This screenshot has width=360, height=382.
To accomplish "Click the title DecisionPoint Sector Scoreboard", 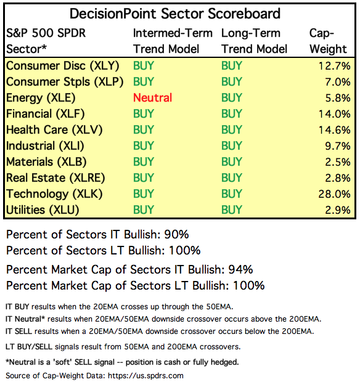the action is pos(175,14).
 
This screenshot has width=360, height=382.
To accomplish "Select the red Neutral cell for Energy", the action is pos(153,98).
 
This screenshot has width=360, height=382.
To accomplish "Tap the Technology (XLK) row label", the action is pos(54,194).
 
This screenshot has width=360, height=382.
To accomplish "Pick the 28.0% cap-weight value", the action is pos(334,194).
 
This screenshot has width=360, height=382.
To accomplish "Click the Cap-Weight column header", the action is pos(328,41).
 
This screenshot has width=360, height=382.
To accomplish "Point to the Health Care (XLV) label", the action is pos(54,130).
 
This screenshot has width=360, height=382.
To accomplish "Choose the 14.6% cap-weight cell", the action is pos(334,130).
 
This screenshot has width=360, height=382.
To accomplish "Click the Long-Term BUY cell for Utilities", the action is pos(232,209).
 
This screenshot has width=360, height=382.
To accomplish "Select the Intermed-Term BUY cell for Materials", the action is pos(144,162).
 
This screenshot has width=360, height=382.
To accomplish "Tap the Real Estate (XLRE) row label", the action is pos(55,178).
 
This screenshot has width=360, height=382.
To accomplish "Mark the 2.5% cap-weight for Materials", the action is pos(338,162).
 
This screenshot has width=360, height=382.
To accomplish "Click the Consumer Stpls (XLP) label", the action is pos(65,82).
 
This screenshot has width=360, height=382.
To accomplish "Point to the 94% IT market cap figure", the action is pos(240,269).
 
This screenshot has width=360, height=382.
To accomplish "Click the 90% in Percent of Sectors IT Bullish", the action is pos(176,234).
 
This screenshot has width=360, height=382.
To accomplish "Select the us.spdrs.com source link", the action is pos(145,375).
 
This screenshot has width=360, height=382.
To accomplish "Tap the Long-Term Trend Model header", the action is pos(254,41).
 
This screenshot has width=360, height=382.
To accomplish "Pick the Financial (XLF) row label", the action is pos(46,114).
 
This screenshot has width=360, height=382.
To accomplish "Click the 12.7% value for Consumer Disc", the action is pos(334,66).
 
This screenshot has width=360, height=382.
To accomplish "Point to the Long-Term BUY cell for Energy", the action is pos(232,98).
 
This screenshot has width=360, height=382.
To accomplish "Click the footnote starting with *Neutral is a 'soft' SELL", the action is pos(122,362).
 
